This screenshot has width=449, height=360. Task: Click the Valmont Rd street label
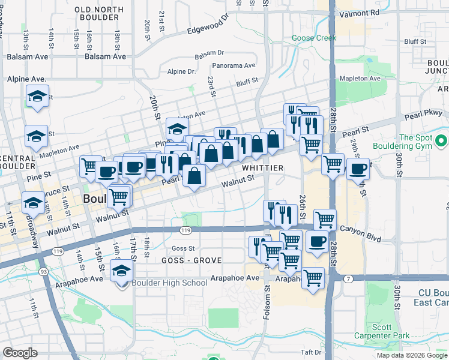[x=358, y=12]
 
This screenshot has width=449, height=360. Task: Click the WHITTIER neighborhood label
[x=262, y=168]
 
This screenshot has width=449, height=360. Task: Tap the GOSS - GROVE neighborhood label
[x=191, y=260]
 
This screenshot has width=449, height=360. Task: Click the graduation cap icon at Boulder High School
[x=122, y=270]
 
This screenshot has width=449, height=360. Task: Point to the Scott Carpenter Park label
[x=391, y=331]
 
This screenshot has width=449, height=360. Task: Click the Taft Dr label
[x=312, y=352]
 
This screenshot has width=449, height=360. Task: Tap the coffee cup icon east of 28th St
[x=358, y=169]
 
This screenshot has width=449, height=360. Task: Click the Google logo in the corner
[x=20, y=353]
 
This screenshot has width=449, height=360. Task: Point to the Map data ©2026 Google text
[x=411, y=355]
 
